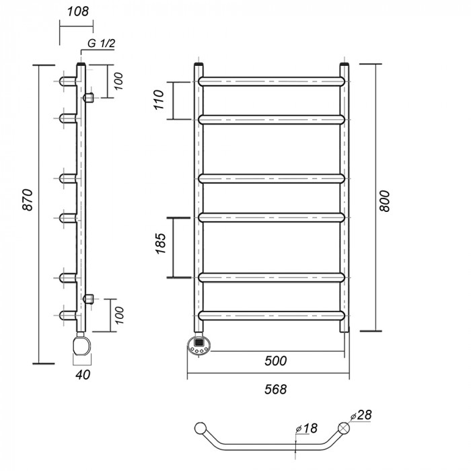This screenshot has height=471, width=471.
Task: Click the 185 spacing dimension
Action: [x=159, y=248]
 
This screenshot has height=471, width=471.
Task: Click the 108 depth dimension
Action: [x=77, y=12]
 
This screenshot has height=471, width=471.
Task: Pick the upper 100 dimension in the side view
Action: [x=118, y=81]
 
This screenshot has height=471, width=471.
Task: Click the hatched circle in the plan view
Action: [x=345, y=429]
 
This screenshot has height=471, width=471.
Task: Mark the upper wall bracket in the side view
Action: [x=88, y=99]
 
